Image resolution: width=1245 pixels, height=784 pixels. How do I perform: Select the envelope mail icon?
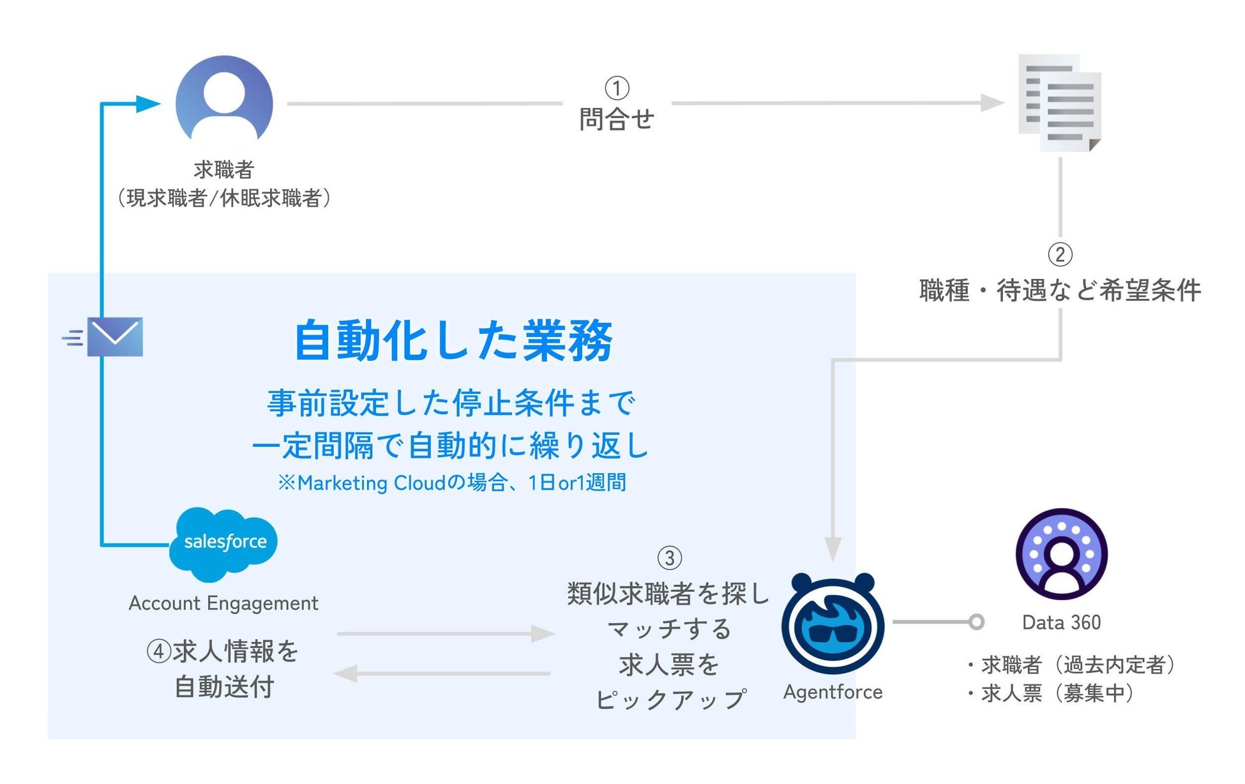point(115,336)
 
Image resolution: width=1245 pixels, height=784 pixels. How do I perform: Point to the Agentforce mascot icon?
point(833,623)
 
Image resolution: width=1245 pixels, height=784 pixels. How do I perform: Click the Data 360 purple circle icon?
point(1061,554)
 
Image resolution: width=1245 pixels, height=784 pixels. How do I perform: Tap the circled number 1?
point(617,88)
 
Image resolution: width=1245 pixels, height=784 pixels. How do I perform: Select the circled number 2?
point(1060,255)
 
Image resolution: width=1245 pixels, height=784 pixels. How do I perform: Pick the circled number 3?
point(669,558)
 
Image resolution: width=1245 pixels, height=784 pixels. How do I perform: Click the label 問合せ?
point(617,119)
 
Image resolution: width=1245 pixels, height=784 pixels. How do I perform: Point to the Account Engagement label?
point(223,603)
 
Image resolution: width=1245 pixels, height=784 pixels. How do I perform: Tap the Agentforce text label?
point(833,692)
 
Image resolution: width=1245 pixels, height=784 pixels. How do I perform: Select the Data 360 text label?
point(1061,622)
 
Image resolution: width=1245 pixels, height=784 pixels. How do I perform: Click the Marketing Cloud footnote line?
point(452,483)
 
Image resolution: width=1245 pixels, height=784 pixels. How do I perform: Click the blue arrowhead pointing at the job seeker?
point(147,103)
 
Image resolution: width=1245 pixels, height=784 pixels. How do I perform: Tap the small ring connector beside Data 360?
point(976,622)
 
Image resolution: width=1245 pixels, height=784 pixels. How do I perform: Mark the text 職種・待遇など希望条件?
point(1060,291)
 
